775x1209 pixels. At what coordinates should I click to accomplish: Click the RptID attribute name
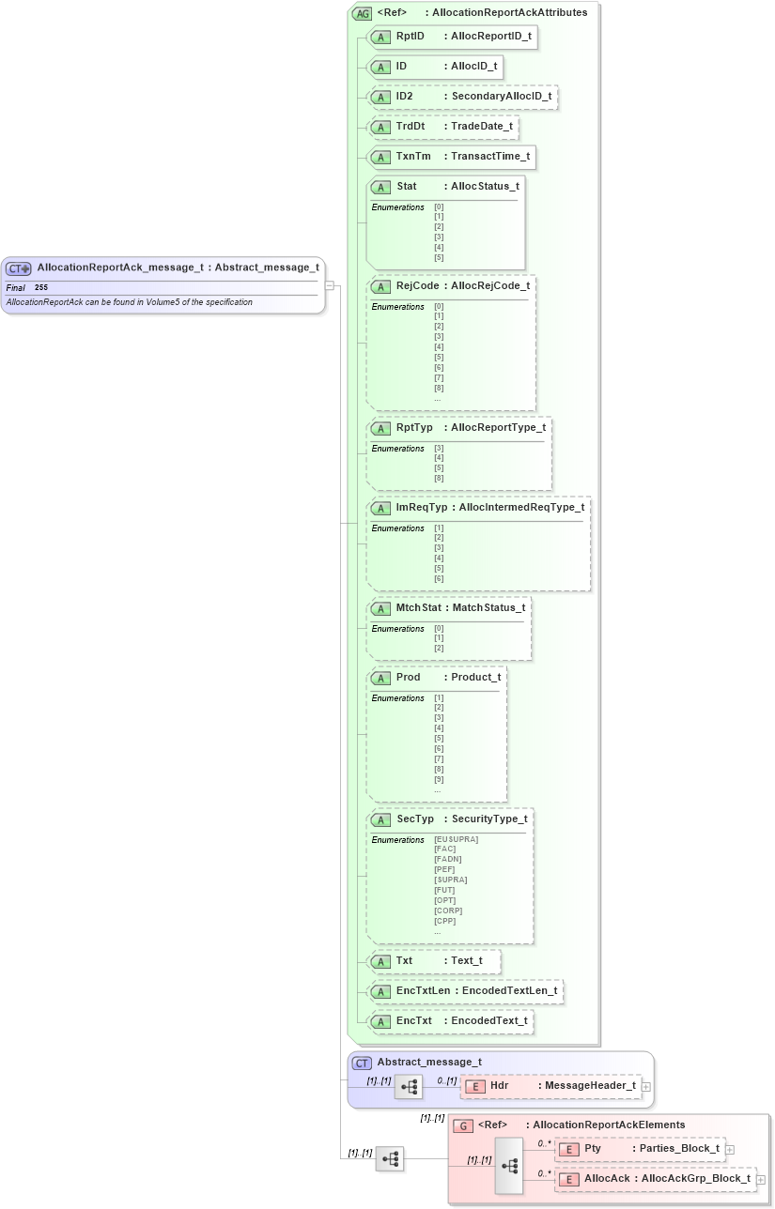410,37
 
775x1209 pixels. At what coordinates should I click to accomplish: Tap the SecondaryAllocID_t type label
501,96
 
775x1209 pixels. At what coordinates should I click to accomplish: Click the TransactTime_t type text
489,156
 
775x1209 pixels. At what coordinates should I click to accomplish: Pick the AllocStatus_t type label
484,186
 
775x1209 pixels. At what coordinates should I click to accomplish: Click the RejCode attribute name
417,285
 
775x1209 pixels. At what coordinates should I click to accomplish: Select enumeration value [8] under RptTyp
439,479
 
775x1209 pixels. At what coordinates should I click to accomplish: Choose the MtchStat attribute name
418,607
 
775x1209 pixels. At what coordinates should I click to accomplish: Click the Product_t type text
475,677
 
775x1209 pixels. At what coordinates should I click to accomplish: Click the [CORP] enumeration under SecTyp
448,911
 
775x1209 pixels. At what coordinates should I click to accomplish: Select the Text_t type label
466,961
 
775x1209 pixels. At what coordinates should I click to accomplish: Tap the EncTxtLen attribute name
419,990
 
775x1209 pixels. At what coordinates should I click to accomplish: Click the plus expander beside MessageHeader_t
646,1086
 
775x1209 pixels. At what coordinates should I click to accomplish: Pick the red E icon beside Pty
568,1149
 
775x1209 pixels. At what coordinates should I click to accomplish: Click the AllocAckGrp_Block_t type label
695,1179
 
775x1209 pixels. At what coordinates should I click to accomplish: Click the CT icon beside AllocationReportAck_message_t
19,268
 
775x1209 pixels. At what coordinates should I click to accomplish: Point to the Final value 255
41,287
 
